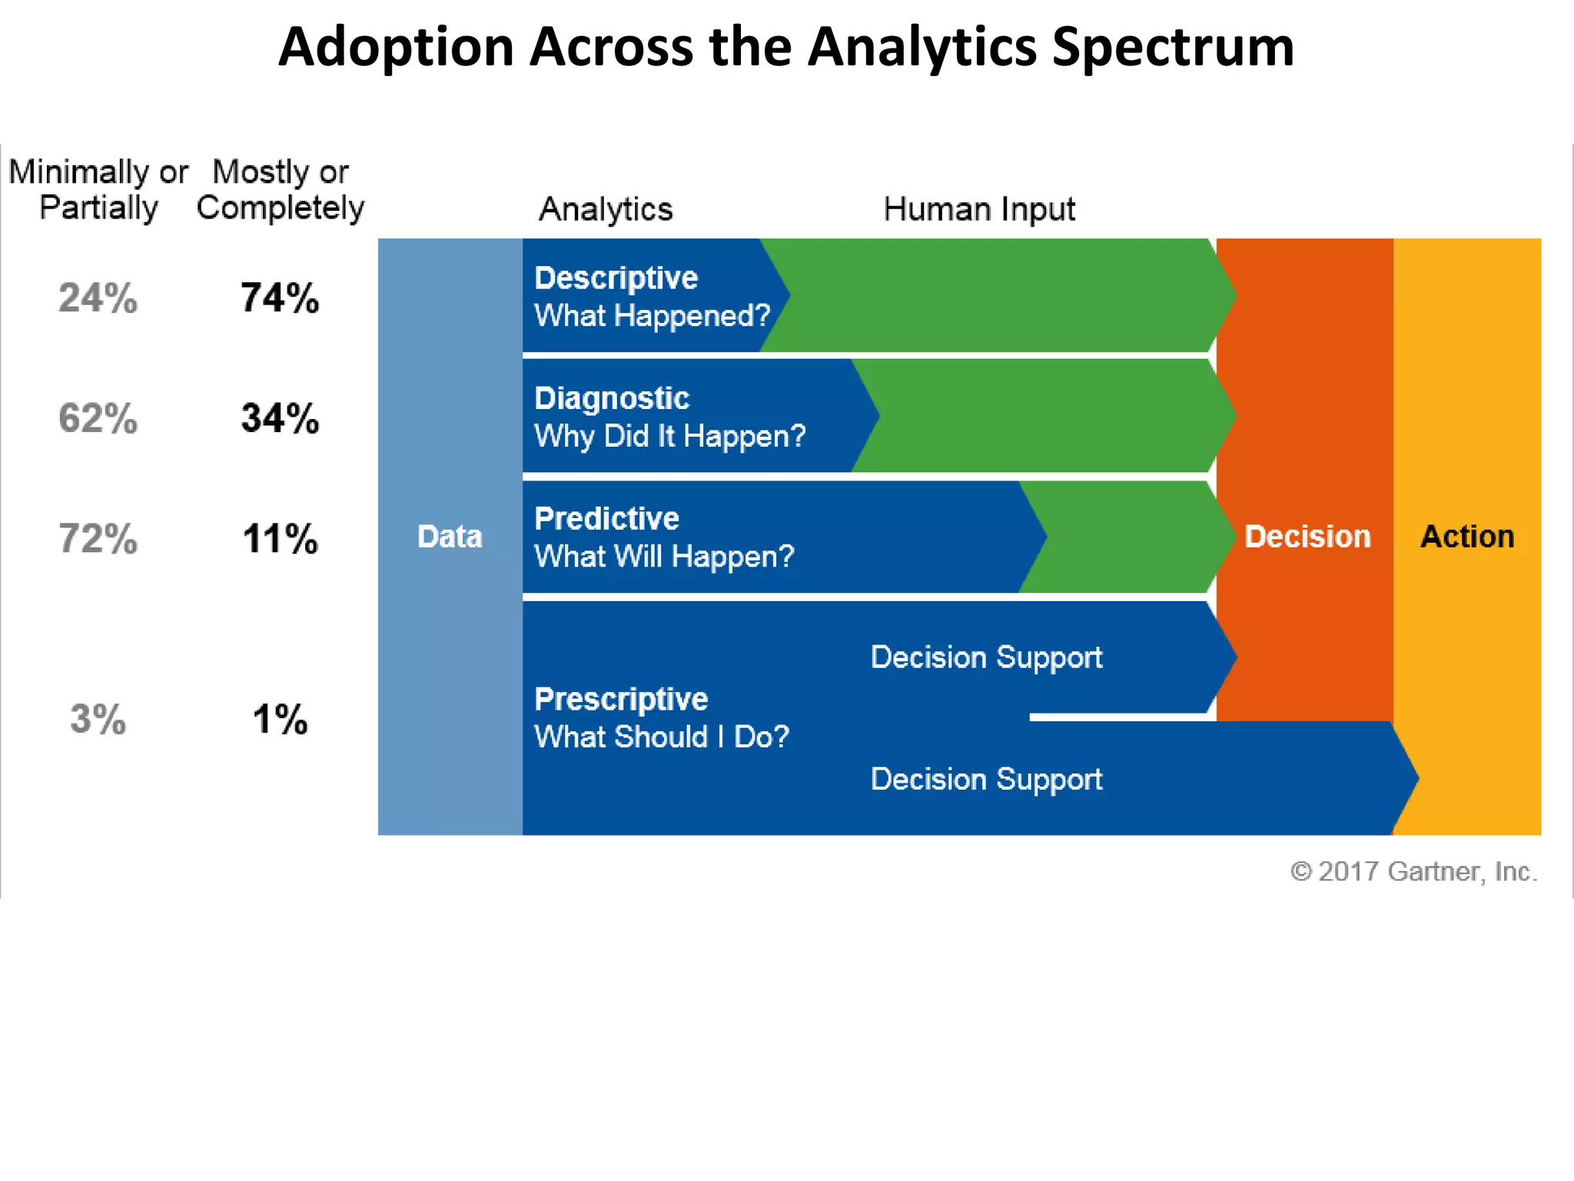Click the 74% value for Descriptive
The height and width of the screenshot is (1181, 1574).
[x=280, y=298]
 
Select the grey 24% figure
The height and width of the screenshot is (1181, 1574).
[x=98, y=298]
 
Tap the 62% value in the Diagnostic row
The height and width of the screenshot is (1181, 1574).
[x=98, y=418]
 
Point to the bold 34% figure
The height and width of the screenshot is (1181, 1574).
[x=280, y=418]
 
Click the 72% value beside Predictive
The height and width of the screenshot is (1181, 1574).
[x=98, y=538]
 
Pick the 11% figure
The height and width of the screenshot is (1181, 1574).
[x=280, y=538]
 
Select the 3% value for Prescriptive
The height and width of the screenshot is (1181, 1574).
[x=98, y=720]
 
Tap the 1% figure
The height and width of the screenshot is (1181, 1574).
[x=280, y=720]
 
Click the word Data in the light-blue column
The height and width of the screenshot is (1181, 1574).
[x=450, y=536]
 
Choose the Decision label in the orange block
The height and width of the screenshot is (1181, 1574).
[x=1307, y=536]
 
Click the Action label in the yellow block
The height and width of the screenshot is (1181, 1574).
[x=1466, y=536]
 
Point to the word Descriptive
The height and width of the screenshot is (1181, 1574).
[x=616, y=278]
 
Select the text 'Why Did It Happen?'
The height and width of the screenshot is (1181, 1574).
[x=669, y=436]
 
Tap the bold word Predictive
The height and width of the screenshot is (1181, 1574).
[x=606, y=518]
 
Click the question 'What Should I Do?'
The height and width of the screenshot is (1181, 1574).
[x=661, y=737]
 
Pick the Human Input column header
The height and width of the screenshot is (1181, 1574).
[x=978, y=209]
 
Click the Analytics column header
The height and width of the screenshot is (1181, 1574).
[x=605, y=209]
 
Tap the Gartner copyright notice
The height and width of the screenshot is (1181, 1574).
[x=1413, y=871]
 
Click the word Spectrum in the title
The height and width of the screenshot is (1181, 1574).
[x=1173, y=48]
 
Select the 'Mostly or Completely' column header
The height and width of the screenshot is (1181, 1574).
[x=280, y=190]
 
